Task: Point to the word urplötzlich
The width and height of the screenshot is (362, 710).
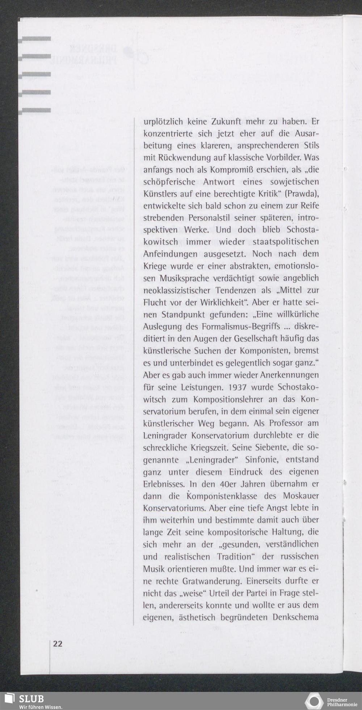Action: point(163,122)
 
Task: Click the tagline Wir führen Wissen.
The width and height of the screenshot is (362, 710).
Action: point(41,706)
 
